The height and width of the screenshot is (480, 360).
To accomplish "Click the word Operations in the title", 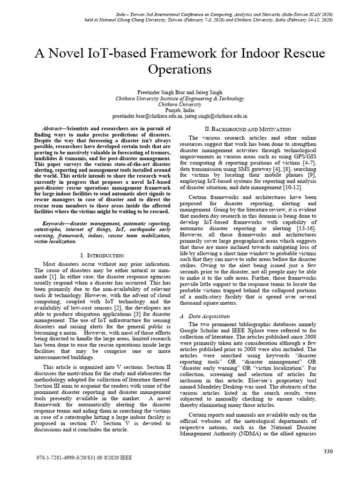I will pyautogui.click(x=180, y=70).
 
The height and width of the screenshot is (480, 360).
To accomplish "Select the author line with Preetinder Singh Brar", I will pyautogui.click(x=180, y=92).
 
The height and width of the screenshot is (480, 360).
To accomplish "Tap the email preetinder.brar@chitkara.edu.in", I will pyautogui.click(x=144, y=115).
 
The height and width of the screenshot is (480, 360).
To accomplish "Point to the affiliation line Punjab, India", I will pyautogui.click(x=180, y=109).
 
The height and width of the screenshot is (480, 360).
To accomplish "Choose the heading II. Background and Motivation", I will pyautogui.click(x=248, y=129).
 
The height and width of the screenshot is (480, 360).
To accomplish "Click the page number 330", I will pyautogui.click(x=328, y=451).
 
